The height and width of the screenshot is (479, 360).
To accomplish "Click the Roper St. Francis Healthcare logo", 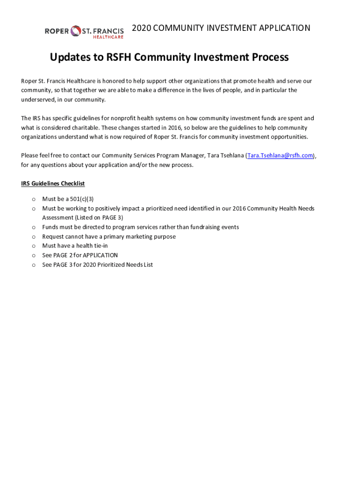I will click(x=84, y=32).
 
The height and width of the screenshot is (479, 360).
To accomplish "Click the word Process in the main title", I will click(x=270, y=58).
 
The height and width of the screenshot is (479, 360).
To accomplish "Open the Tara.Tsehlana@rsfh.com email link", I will click(x=280, y=156).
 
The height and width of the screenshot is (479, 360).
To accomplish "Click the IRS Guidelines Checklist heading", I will click(x=53, y=184).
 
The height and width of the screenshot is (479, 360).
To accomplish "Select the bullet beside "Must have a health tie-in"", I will click(x=34, y=246).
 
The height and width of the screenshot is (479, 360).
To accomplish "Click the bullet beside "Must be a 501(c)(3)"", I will click(x=34, y=199).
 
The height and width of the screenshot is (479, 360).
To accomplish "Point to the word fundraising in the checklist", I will click(x=207, y=227).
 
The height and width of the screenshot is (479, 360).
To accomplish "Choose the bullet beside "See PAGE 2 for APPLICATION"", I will click(x=34, y=255).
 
